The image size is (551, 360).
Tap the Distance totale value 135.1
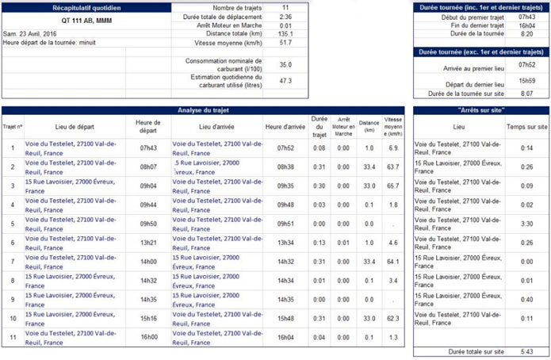click(285, 34)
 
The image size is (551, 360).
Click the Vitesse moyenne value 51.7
click(285, 43)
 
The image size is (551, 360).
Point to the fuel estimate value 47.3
click(285, 80)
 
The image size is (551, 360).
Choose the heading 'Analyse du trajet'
click(205, 109)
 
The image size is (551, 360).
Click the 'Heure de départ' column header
click(148, 126)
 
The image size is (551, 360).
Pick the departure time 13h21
click(148, 242)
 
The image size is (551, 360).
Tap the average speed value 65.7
click(392, 186)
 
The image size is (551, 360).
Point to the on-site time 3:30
click(526, 224)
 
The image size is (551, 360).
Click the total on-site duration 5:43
click(526, 350)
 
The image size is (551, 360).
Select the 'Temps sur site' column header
click(526, 127)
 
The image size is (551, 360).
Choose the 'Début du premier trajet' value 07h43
click(526, 17)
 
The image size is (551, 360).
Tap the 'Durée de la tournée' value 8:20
click(526, 34)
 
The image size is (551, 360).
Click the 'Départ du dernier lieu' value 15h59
click(526, 81)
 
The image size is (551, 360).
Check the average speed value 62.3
click(392, 318)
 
